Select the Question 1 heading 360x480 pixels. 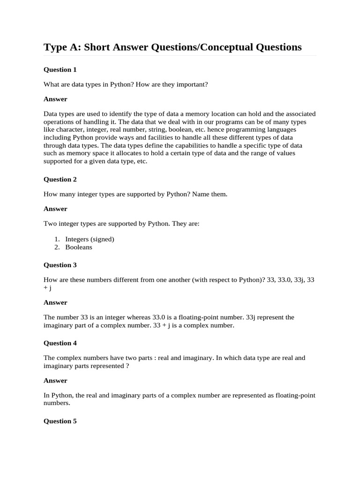click(x=60, y=70)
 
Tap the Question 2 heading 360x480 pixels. click(x=60, y=180)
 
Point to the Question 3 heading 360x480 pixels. click(x=60, y=265)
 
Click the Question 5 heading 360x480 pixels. click(x=60, y=421)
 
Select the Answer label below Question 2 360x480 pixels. click(x=55, y=209)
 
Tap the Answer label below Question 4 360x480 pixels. click(x=55, y=381)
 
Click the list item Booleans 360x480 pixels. click(x=79, y=247)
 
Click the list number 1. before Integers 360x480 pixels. click(x=58, y=239)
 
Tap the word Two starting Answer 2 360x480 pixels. click(x=50, y=224)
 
